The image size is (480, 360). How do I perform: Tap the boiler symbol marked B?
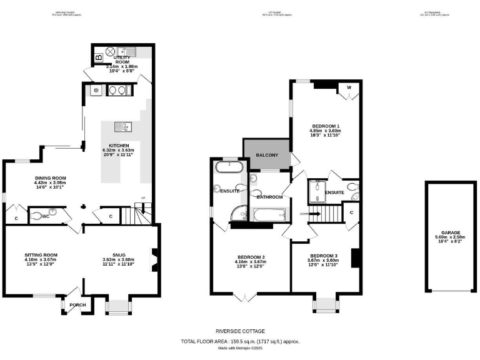coord(99,58)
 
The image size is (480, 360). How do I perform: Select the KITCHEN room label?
coord(119,146)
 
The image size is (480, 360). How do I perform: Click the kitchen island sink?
coord(120,127)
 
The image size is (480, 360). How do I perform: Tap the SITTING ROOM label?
coord(41,254)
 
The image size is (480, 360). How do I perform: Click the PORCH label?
coord(77,305)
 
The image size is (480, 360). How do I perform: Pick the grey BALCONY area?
coord(266,154)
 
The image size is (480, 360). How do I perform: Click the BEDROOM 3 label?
coord(323,256)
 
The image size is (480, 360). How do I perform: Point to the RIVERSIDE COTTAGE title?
coord(241,331)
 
